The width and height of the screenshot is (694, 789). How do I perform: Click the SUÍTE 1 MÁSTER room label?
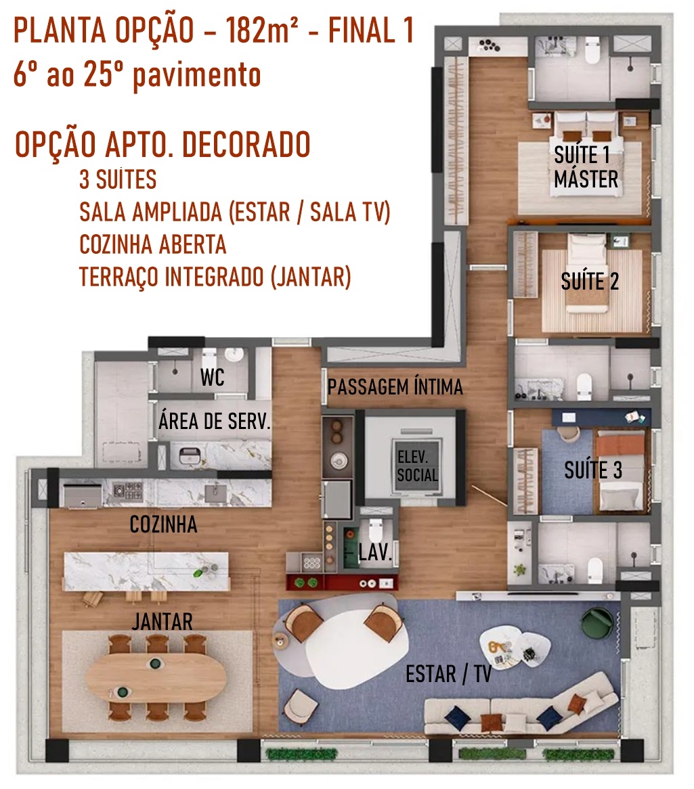point(586,167)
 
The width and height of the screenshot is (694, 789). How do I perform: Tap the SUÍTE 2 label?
point(590,281)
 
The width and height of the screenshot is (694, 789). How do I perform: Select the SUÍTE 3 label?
point(593,470)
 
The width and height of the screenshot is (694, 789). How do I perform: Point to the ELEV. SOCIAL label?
point(417,466)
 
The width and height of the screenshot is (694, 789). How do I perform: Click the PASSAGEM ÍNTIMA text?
point(395,387)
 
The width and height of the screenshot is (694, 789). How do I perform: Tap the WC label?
point(212,378)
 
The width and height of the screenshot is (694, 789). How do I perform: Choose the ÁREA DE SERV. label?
point(215,421)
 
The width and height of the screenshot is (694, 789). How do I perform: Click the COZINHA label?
point(163,524)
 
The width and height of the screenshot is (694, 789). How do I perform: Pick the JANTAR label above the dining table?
point(162,621)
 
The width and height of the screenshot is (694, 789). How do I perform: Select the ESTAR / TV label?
point(449,674)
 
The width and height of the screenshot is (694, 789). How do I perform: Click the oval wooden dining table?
point(156,677)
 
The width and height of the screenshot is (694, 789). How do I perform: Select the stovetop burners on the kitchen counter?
point(127,491)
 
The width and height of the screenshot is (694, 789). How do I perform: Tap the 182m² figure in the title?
point(261,30)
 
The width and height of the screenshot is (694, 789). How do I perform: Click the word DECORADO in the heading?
point(246,145)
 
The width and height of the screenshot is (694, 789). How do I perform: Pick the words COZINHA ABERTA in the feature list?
point(152,244)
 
